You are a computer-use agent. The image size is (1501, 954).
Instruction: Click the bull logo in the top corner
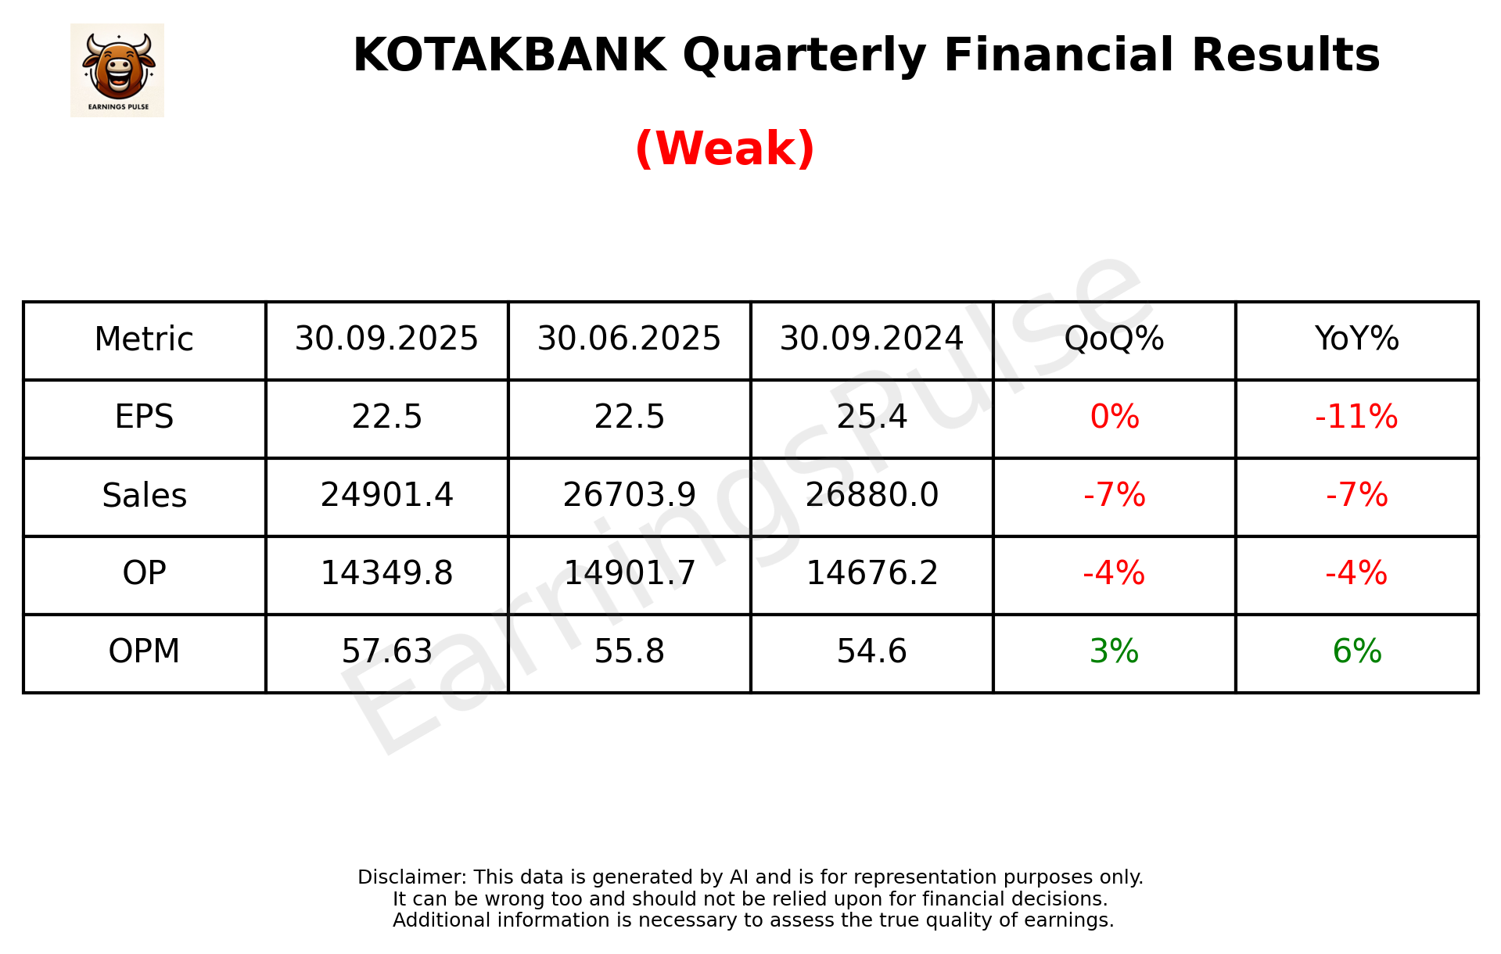click(117, 70)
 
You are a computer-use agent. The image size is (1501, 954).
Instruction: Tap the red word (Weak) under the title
click(724, 149)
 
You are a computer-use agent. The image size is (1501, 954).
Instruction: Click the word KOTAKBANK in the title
click(509, 56)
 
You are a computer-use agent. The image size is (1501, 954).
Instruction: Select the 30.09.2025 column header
click(386, 339)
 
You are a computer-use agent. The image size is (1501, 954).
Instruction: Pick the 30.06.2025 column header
click(629, 339)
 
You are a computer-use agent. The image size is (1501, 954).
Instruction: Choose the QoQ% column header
click(1114, 339)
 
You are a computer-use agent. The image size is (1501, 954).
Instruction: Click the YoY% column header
click(1356, 339)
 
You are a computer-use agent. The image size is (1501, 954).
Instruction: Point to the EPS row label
click(144, 417)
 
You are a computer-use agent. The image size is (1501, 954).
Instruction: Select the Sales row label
click(144, 496)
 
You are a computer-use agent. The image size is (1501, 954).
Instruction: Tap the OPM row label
click(144, 651)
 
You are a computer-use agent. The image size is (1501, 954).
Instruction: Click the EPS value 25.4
click(871, 417)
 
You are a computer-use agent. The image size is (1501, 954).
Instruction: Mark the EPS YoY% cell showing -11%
click(1356, 417)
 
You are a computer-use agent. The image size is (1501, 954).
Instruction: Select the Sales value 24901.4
click(386, 496)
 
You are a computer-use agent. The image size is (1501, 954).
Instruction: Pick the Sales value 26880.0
click(871, 496)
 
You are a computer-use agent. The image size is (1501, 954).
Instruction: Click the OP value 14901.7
click(629, 573)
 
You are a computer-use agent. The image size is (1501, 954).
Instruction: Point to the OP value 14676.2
click(871, 573)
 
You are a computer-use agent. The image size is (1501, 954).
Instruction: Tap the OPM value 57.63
click(386, 651)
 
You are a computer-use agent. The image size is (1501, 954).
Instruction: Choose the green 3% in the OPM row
click(1114, 651)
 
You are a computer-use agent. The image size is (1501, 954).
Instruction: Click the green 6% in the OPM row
click(1356, 651)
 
